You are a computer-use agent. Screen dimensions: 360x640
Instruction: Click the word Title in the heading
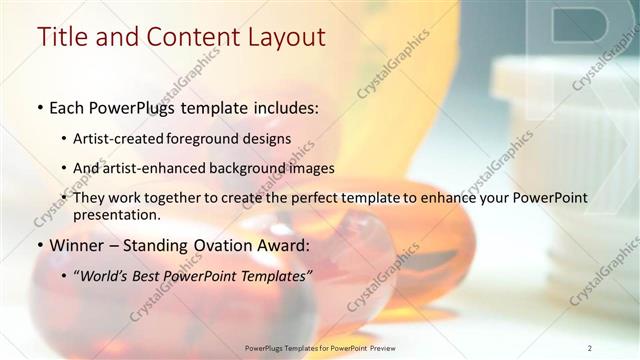pos(61,37)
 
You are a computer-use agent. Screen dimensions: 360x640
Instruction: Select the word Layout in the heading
pos(283,37)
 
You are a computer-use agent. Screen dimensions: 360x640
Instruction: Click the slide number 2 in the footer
pos(589,347)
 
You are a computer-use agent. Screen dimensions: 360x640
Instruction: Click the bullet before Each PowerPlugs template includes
pos(39,107)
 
